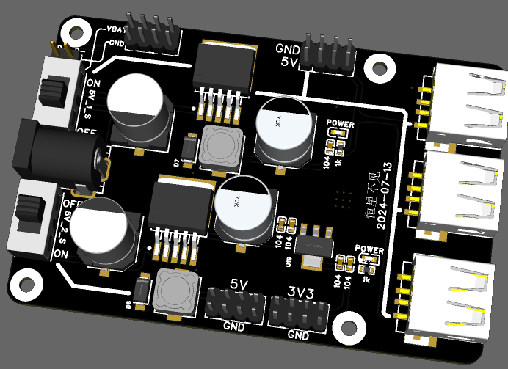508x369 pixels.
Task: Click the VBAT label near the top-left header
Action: pos(117,29)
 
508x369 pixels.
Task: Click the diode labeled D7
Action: pos(189,149)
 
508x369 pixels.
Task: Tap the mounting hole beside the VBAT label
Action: pos(74,32)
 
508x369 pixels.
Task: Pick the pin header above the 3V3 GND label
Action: pos(297,310)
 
